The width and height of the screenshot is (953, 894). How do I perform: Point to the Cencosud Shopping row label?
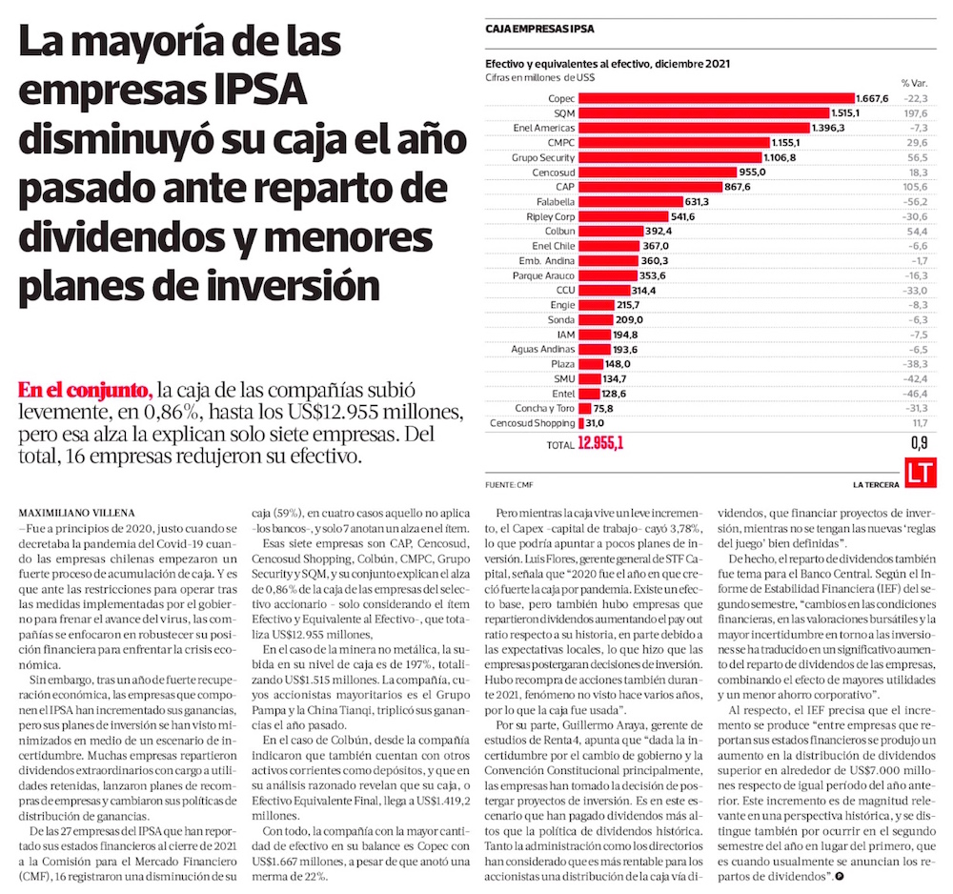[x=532, y=423]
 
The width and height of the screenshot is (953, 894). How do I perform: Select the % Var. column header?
[x=913, y=83]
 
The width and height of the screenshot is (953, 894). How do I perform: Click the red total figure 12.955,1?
[x=600, y=443]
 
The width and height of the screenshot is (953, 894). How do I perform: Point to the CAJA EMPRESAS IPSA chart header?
[x=539, y=30]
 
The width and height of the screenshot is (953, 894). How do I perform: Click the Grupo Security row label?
[x=544, y=157]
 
